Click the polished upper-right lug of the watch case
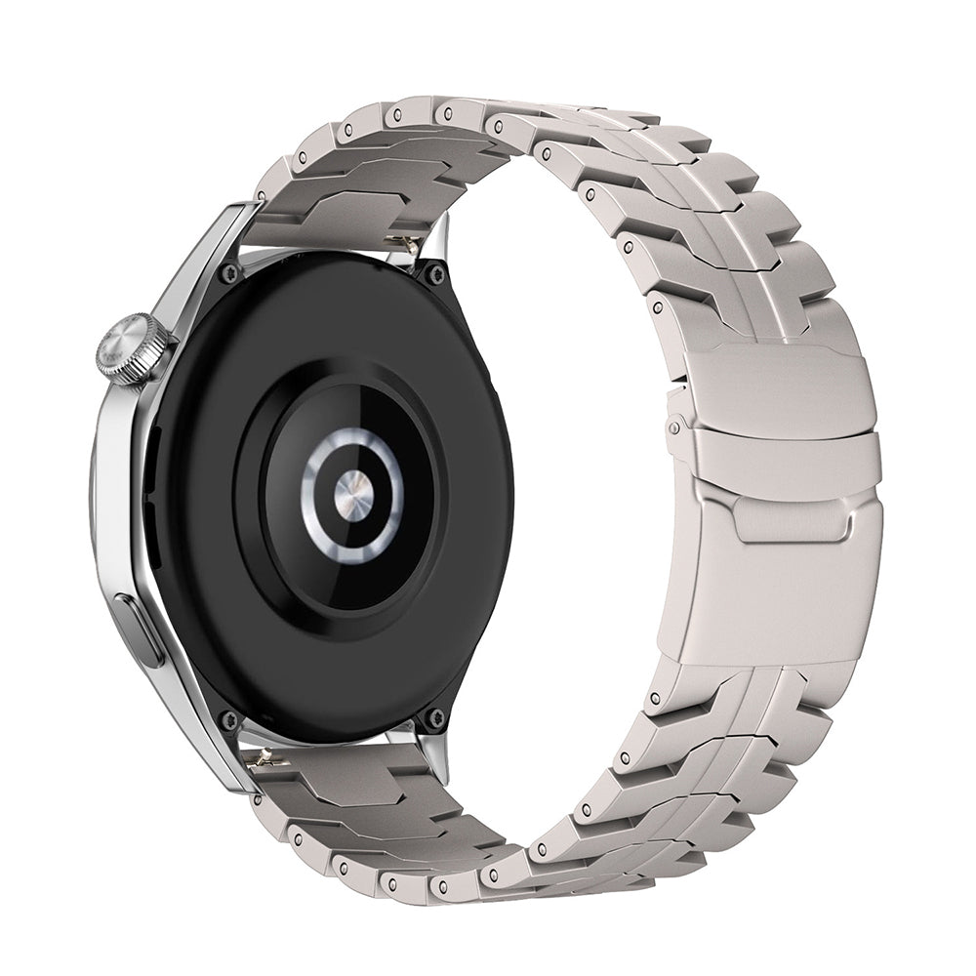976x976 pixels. (439, 234)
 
